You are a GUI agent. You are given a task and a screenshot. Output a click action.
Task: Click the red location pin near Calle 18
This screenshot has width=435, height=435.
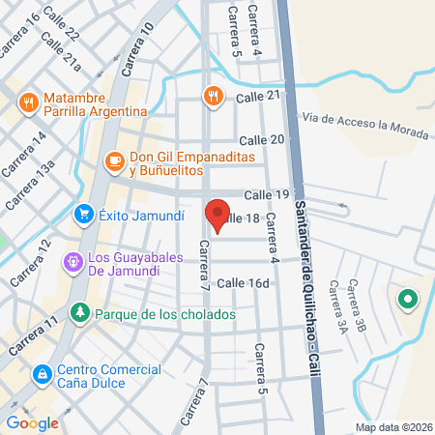217,215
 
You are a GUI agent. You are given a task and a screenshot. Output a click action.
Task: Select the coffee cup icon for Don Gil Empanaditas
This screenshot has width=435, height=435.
113,161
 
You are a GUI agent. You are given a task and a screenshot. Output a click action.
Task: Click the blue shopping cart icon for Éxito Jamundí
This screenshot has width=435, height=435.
84,215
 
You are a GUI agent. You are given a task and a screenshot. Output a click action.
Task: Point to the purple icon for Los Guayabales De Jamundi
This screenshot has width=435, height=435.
72,261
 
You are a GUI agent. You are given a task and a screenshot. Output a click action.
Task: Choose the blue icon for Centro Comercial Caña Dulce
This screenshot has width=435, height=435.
43,373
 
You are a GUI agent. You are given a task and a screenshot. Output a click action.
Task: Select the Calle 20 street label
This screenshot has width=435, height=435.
262,140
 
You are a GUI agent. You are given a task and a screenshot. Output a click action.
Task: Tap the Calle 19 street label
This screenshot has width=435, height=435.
267,194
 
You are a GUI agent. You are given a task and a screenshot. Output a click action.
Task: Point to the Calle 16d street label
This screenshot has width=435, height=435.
243,283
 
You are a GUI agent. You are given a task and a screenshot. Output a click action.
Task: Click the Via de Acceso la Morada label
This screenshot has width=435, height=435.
363,122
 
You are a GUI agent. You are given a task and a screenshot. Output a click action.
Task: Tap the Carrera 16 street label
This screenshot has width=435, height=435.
20,35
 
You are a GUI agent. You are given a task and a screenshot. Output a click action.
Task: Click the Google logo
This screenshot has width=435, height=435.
32,422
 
